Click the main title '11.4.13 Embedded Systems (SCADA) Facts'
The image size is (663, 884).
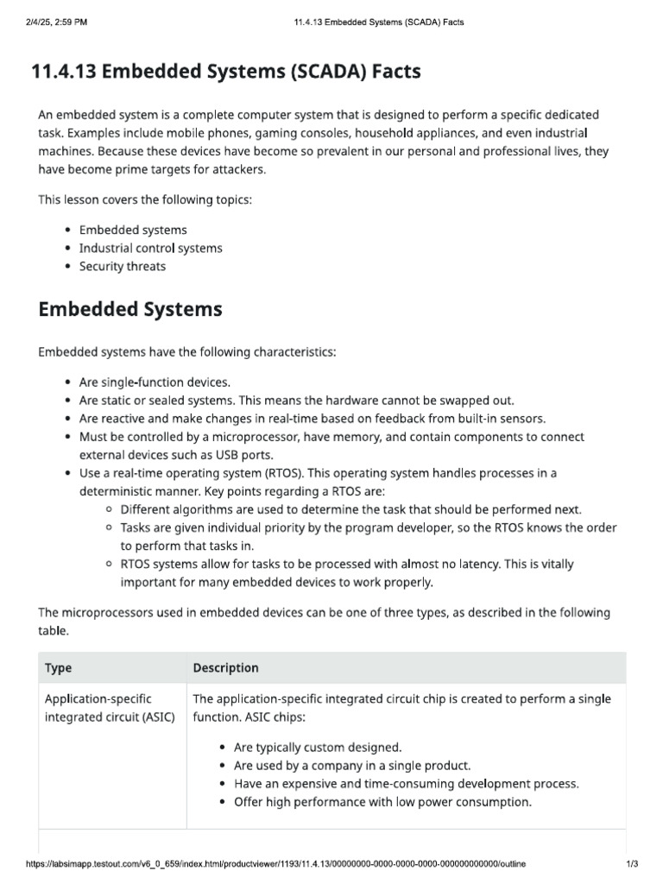226,72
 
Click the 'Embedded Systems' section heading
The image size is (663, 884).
130,309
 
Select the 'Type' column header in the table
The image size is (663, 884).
59,667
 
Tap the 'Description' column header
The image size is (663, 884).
225,667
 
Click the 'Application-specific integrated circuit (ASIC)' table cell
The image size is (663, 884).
109,707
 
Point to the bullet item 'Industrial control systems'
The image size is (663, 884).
150,249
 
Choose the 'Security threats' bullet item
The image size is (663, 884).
123,267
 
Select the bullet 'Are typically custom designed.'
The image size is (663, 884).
318,748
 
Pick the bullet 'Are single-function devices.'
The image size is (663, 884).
155,382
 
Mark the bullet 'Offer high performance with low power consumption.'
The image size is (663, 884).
382,802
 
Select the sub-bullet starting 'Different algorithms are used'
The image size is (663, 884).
351,509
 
